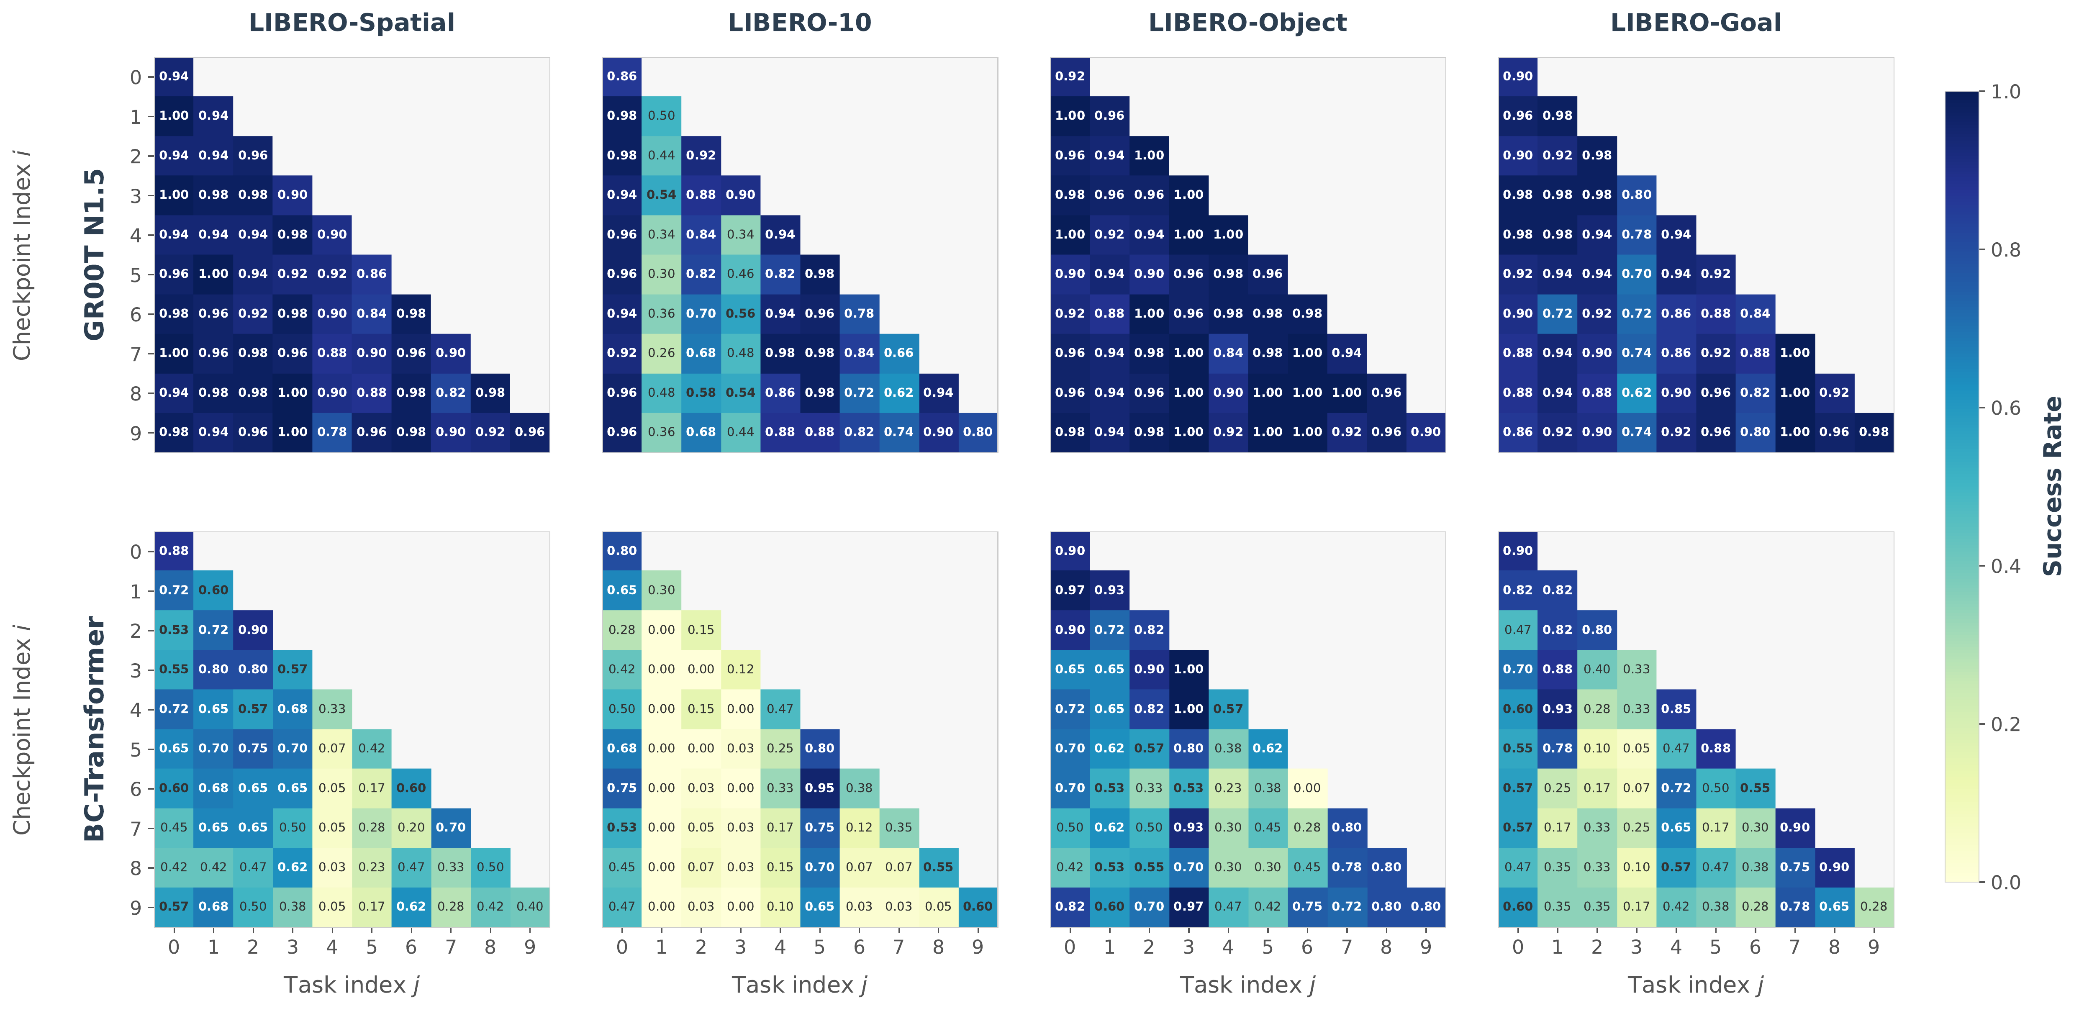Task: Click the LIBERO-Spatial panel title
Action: point(352,23)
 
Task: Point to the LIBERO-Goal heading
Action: point(1696,23)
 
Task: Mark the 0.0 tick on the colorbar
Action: point(2005,882)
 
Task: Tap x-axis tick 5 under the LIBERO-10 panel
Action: point(819,947)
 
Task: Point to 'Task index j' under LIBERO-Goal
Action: point(1696,985)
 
